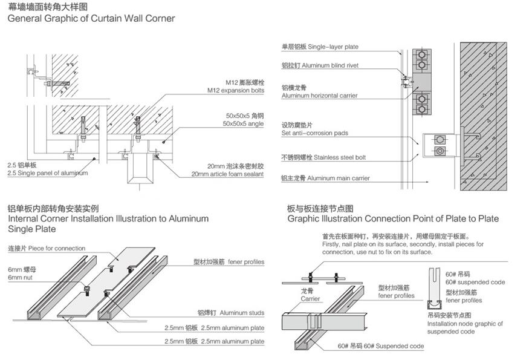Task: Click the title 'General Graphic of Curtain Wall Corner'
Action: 91,18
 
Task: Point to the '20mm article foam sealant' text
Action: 227,174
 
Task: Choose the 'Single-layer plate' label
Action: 333,47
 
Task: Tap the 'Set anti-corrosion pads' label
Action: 314,133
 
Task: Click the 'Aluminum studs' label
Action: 241,313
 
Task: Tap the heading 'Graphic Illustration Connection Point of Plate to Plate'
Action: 393,218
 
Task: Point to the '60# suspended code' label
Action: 475,282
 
